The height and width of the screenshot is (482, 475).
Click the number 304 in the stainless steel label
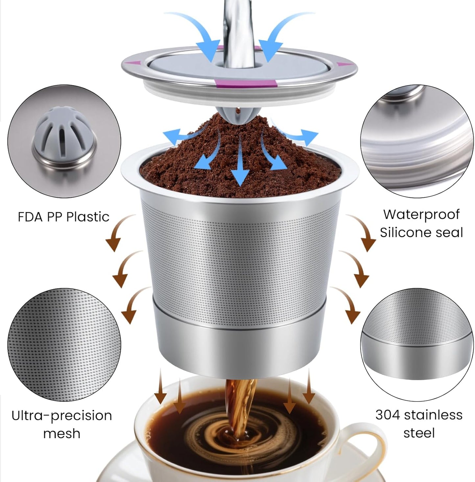tap(388, 415)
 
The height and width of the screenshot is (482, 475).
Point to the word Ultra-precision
tap(62, 416)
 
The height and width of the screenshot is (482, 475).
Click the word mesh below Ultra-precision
tap(62, 434)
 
